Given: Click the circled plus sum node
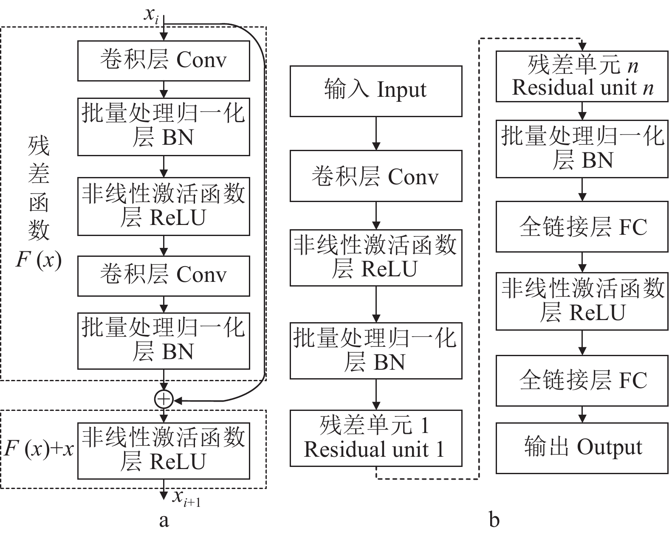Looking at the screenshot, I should pyautogui.click(x=164, y=399).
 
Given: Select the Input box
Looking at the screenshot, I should pyautogui.click(x=375, y=91).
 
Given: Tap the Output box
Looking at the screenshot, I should pyautogui.click(x=582, y=447).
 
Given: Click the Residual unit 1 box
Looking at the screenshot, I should pyautogui.click(x=375, y=438).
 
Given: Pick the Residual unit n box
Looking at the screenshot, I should pyautogui.click(x=582, y=76).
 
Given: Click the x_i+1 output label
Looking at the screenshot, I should pyautogui.click(x=186, y=497).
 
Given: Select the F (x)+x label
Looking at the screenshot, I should pyautogui.click(x=39, y=449).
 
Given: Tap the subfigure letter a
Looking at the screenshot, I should pyautogui.click(x=164, y=520).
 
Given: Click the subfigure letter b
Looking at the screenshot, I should pyautogui.click(x=494, y=520).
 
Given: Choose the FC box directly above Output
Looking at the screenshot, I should pyautogui.click(x=582, y=380).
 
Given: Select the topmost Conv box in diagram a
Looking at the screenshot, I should pyautogui.click(x=164, y=61).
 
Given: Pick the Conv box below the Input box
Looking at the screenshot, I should pyautogui.click(x=375, y=177).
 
